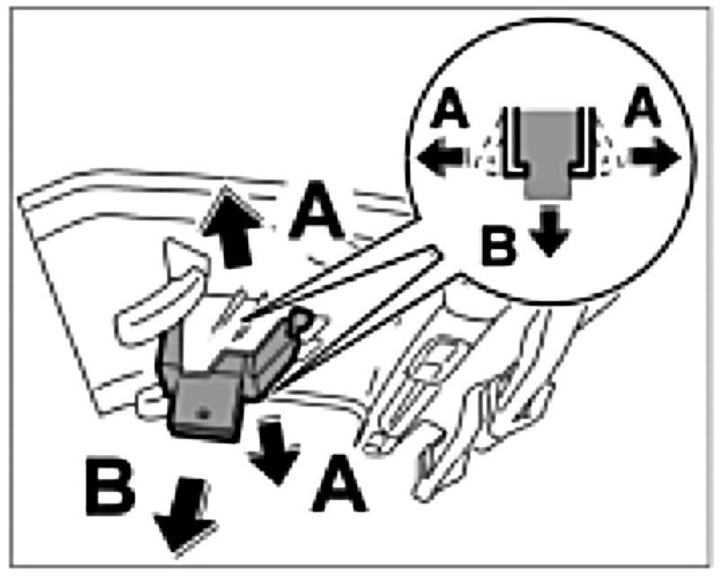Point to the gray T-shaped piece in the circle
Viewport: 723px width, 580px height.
click(x=547, y=148)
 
